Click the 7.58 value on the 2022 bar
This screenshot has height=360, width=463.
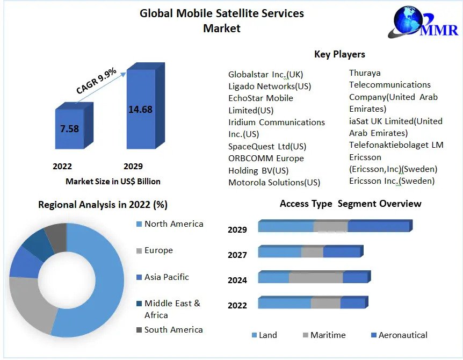pos(70,128)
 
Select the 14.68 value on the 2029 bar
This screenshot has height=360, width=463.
pos(140,110)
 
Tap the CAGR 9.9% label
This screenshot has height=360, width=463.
pos(96,81)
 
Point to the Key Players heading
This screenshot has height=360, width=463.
pos(339,54)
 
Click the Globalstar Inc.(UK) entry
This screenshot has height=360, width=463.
pos(266,74)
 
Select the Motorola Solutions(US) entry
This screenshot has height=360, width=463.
pos(274,182)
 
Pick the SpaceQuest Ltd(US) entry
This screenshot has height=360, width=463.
pos(267,146)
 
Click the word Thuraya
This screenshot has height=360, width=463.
pos(365,73)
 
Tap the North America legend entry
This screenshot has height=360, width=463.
pos(173,224)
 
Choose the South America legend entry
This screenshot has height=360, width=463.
pos(173,329)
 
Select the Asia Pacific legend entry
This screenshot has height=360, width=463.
pos(167,277)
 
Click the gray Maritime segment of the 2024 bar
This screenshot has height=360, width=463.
pos(315,278)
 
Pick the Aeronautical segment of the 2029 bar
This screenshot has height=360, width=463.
pos(378,227)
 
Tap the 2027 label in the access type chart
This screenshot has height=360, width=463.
pos(237,255)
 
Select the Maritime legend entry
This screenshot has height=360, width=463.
pos(328,335)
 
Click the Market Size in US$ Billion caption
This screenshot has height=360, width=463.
pos(113,181)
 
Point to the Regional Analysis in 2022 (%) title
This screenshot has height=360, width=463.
pos(103,205)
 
